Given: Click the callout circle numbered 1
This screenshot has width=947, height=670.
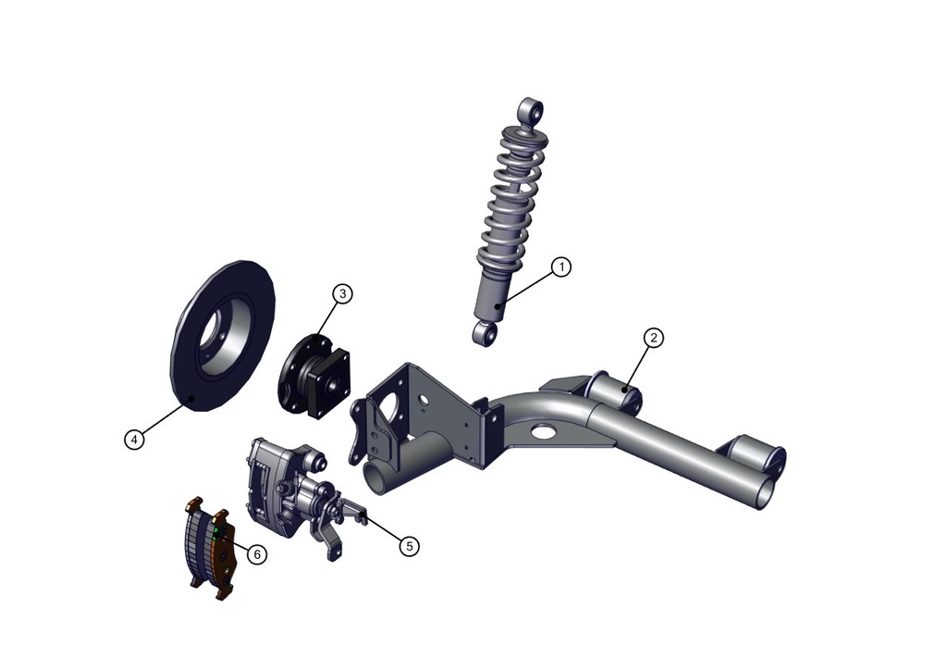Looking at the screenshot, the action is pyautogui.click(x=561, y=267).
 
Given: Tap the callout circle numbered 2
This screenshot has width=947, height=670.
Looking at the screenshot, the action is pyautogui.click(x=654, y=338).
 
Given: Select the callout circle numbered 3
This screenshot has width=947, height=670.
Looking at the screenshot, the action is pyautogui.click(x=342, y=293).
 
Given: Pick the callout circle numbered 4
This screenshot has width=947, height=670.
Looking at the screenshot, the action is pyautogui.click(x=134, y=439).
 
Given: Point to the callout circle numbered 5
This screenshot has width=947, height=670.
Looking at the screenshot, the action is pyautogui.click(x=409, y=546).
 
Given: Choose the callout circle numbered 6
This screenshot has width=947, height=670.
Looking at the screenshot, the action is pyautogui.click(x=257, y=554).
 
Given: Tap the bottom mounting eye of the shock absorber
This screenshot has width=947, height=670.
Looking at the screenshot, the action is pyautogui.click(x=485, y=333).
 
